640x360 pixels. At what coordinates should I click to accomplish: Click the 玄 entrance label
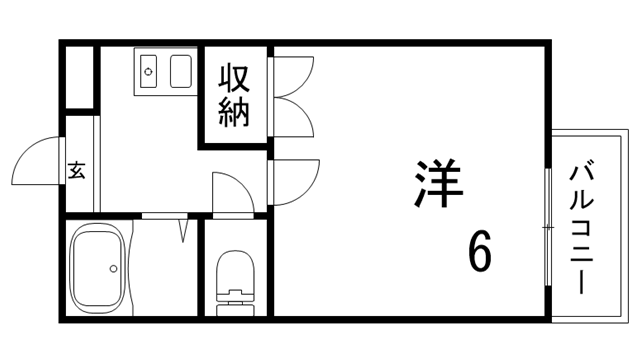(x=77, y=171)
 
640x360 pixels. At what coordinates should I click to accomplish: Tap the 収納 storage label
(x=234, y=95)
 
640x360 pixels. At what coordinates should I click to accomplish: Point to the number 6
(x=481, y=251)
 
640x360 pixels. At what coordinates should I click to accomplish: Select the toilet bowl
(x=235, y=272)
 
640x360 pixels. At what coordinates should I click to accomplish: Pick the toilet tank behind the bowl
(x=235, y=301)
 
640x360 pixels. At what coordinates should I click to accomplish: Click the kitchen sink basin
(x=181, y=71)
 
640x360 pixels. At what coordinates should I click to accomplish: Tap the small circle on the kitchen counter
(x=149, y=71)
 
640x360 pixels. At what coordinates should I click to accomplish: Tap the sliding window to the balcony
(x=548, y=227)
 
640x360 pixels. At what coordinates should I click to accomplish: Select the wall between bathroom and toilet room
(x=201, y=267)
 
